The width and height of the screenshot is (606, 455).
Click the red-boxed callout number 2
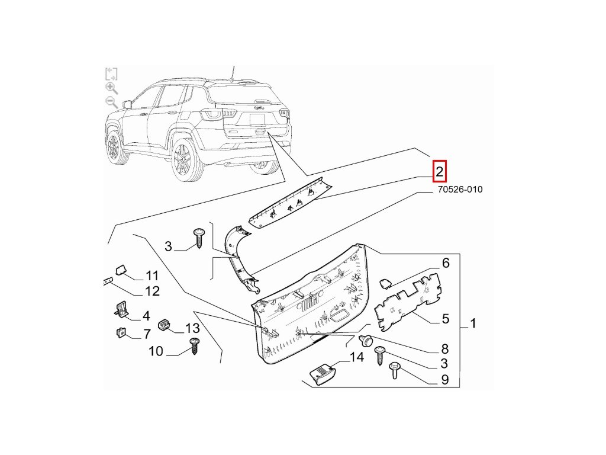point(439,172)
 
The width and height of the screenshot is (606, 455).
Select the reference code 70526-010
point(460,190)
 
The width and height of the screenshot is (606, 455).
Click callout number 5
point(446,319)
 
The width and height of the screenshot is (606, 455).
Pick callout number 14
point(356,357)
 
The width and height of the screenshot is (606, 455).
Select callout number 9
point(444,380)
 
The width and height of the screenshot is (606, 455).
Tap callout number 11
point(152,275)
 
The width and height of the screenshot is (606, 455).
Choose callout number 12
point(152,291)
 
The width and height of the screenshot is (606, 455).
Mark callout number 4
point(146,316)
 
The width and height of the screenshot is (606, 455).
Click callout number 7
point(146,335)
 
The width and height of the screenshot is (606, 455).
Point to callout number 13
point(193,328)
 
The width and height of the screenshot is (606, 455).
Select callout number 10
point(156,351)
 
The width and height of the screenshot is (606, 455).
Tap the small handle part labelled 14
point(323,374)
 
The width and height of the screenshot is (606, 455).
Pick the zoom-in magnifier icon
point(111,88)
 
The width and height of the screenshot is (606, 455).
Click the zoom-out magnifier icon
point(111,102)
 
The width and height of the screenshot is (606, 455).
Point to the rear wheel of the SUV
point(183,159)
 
